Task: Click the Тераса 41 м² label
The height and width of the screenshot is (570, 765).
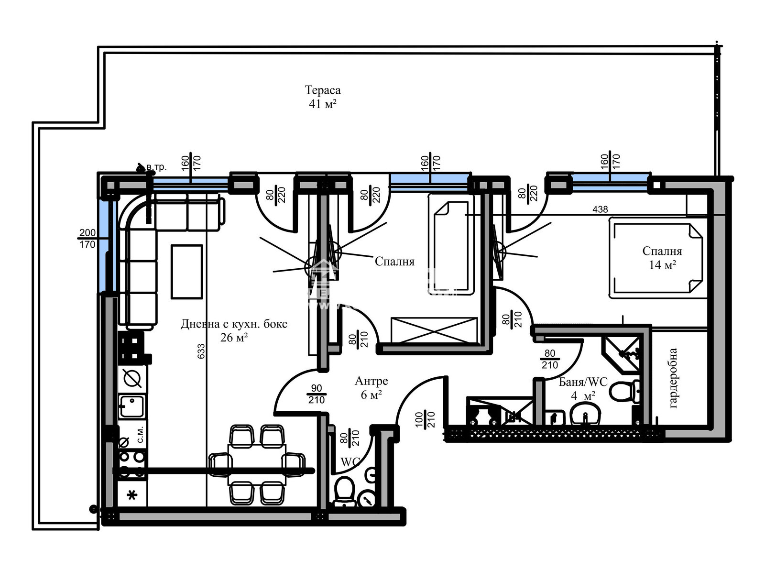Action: click(323, 97)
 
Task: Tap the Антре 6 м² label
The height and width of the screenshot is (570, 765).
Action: click(371, 387)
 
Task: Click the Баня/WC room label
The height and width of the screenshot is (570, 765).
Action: click(583, 388)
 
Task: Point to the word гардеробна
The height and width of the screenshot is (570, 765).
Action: click(673, 378)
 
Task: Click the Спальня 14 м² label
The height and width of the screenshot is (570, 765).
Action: click(662, 258)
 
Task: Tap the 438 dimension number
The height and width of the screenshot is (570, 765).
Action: click(600, 209)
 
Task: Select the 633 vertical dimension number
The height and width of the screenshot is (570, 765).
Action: click(201, 351)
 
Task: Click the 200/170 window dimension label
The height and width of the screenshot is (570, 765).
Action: click(87, 238)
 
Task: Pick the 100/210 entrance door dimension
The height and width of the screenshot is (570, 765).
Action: click(425, 420)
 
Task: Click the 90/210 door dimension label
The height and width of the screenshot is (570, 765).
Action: click(317, 394)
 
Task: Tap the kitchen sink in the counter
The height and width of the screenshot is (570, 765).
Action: click(132, 406)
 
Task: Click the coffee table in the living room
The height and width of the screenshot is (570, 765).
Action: click(186, 272)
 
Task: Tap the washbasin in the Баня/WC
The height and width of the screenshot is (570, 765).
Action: click(585, 414)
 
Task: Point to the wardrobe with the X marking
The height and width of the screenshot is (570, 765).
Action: click(434, 330)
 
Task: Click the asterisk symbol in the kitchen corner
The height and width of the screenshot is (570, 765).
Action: click(132, 495)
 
